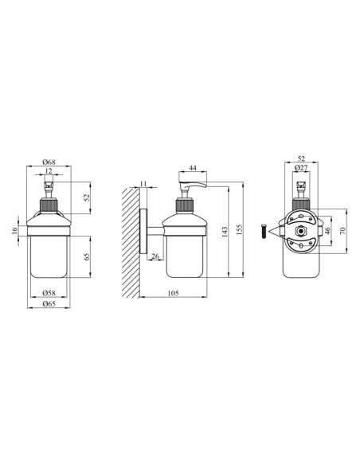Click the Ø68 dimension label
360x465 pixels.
click(x=49, y=162)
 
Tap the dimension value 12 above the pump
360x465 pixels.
click(x=49, y=171)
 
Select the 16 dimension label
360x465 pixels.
click(x=15, y=231)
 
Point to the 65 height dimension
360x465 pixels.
click(x=87, y=256)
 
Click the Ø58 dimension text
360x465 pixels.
click(x=49, y=293)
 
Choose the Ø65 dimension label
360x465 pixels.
click(x=49, y=303)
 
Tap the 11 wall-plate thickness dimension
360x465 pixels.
click(x=143, y=184)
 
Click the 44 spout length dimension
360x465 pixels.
click(x=193, y=168)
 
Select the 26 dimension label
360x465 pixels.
click(x=155, y=256)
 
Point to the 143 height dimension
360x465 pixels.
click(x=225, y=232)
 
